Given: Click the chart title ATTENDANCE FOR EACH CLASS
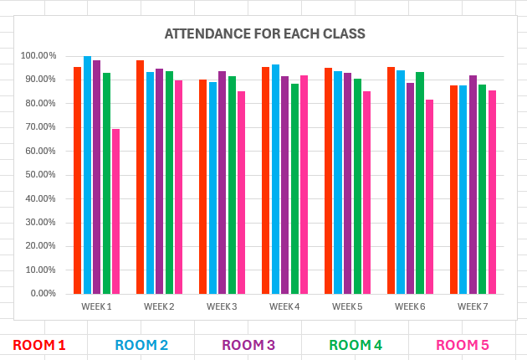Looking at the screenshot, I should tap(264, 34).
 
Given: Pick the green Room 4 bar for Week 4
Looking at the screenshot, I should tap(294, 188).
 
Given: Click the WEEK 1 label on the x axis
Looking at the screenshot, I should tap(96, 306).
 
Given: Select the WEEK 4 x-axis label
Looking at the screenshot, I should tap(284, 306).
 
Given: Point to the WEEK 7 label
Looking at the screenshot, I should tap(473, 306).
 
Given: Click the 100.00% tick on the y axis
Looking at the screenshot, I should tap(38, 56).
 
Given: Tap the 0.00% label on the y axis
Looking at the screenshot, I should tap(43, 294).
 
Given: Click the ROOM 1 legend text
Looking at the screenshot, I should tap(39, 345).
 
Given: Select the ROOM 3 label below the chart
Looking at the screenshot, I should tap(248, 345).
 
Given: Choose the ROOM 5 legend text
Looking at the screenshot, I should tap(463, 345).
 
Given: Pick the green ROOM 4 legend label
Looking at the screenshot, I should tap(356, 345).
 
